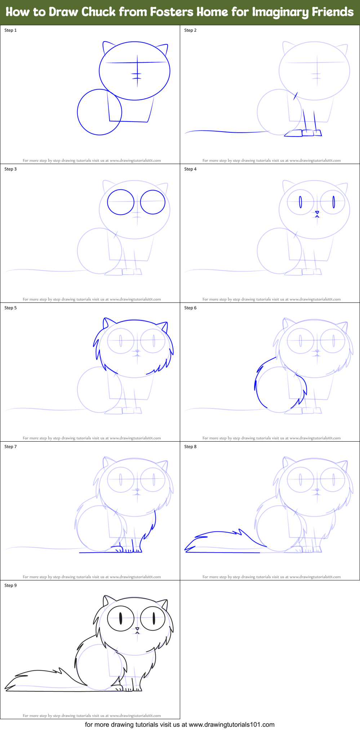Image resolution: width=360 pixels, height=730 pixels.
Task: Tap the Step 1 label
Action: click(x=10, y=30)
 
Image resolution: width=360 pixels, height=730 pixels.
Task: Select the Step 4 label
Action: click(x=190, y=169)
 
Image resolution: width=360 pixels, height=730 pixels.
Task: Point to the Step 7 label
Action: click(x=10, y=447)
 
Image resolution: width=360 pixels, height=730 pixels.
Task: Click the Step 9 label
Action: click(x=10, y=585)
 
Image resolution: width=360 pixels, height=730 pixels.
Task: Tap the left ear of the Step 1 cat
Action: click(x=107, y=47)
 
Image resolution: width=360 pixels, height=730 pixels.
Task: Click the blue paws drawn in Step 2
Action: click(x=303, y=133)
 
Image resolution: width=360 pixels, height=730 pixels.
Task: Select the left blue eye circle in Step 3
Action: click(x=121, y=202)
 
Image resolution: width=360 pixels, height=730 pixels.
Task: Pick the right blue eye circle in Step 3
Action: click(x=153, y=202)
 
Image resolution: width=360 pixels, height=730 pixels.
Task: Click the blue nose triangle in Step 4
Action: click(x=317, y=212)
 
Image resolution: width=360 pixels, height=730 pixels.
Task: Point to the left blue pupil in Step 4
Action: click(x=300, y=202)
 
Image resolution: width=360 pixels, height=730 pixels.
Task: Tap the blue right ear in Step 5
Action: click(x=165, y=327)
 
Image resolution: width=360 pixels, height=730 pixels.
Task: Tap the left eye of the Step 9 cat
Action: click(x=121, y=619)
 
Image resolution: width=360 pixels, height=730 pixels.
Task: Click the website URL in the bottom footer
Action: click(x=231, y=725)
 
